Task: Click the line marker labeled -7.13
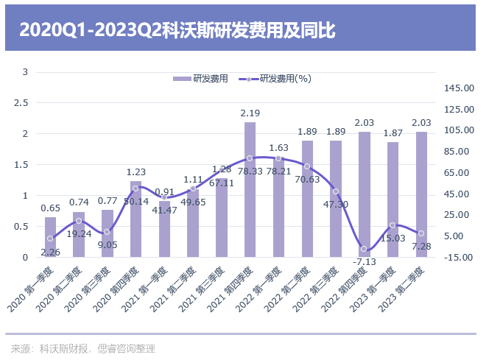[x=364, y=249]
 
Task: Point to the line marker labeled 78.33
[x=250, y=158]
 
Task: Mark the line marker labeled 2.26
[x=50, y=239]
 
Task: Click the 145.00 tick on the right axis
[x=459, y=88]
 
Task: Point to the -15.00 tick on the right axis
[x=459, y=257]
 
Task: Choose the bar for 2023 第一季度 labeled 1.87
[x=392, y=199]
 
